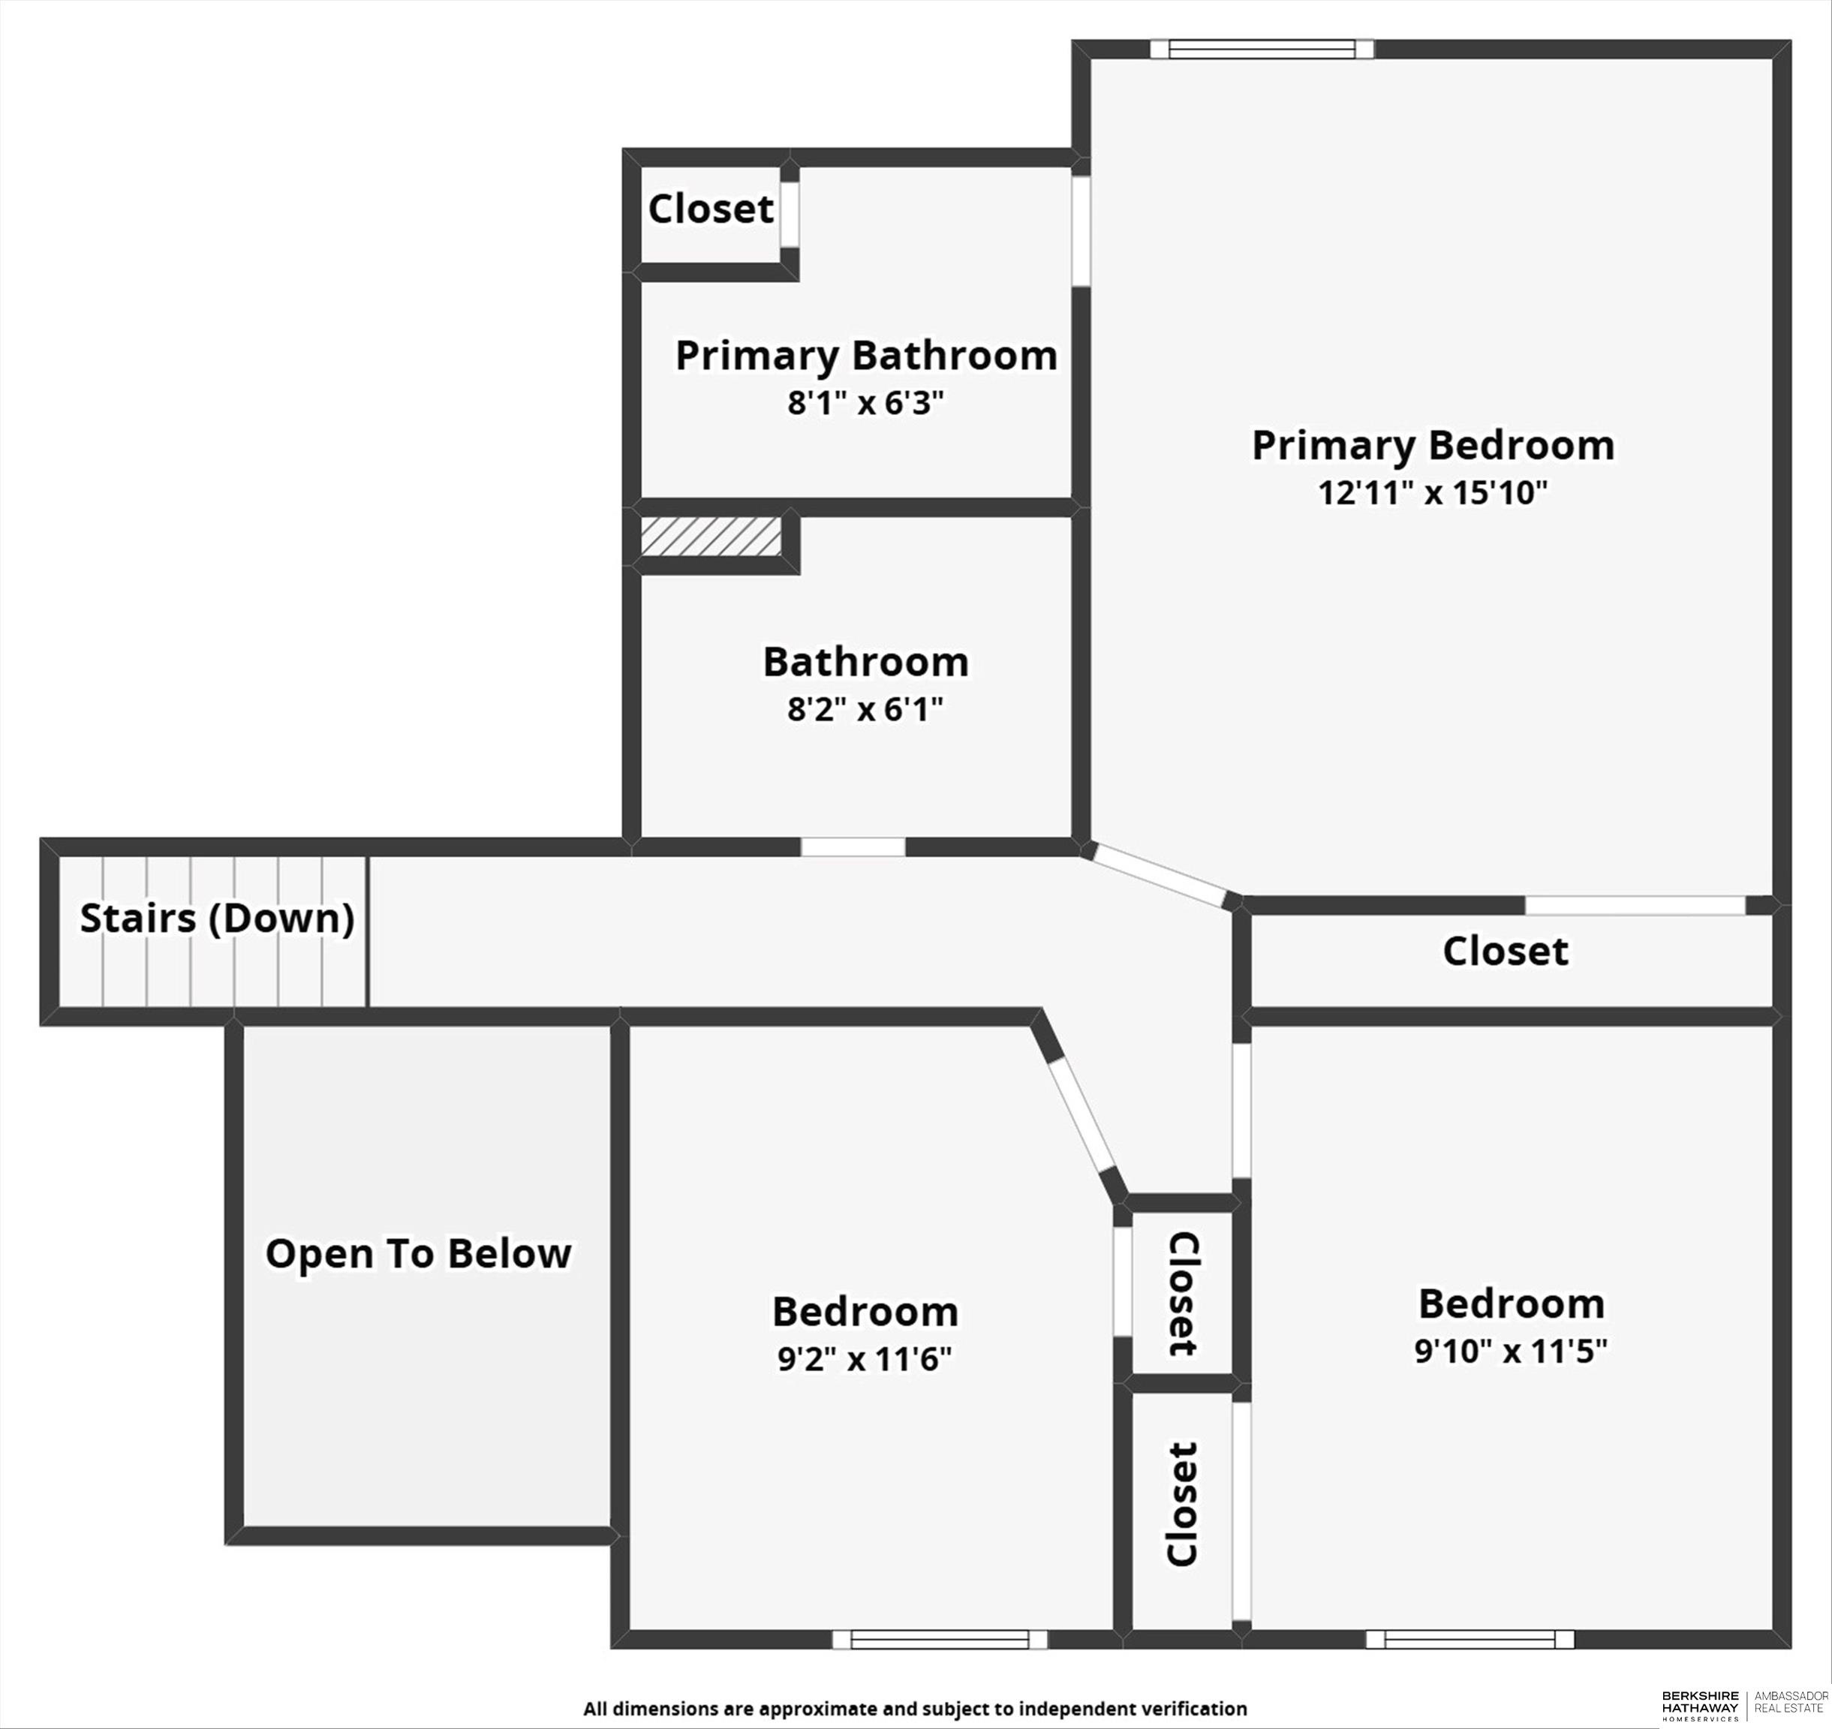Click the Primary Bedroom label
tap(1432, 446)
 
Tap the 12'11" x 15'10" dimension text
tap(1432, 493)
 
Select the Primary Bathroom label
tap(866, 356)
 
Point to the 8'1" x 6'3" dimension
tap(866, 403)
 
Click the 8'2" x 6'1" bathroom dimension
tap(866, 710)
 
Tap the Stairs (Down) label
tap(218, 919)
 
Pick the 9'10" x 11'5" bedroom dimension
tap(1512, 1351)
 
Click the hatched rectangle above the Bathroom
tap(711, 537)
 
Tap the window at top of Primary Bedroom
tap(1262, 49)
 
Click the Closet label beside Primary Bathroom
tap(711, 209)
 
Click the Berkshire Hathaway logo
tap(1700, 1705)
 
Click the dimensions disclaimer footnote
tap(915, 1708)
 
